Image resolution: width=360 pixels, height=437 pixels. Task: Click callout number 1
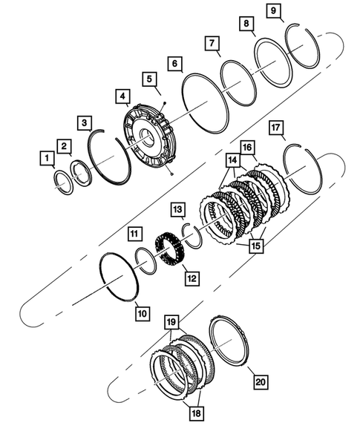point(47,158)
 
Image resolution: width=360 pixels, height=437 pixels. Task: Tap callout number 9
point(275,11)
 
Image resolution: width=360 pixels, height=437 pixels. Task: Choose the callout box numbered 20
point(261,382)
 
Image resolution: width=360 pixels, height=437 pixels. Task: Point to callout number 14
point(233,160)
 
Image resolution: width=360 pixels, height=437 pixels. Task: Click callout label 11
point(133,234)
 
